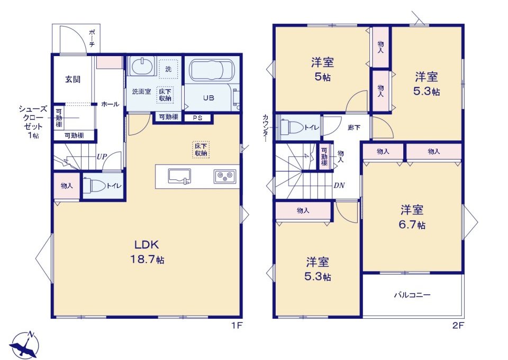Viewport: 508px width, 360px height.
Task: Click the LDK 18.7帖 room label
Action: click(x=147, y=252)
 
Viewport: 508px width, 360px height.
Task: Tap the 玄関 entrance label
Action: click(x=72, y=79)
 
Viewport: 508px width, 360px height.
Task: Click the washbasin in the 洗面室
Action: click(x=142, y=67)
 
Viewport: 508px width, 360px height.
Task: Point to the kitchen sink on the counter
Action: click(x=179, y=176)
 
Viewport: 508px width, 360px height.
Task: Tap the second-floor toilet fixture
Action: click(x=292, y=128)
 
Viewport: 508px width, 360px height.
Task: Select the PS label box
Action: click(x=197, y=118)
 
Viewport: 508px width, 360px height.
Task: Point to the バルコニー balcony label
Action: click(x=412, y=295)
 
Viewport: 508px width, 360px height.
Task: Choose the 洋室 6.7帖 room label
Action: click(x=412, y=217)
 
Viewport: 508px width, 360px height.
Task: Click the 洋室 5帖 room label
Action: click(x=322, y=69)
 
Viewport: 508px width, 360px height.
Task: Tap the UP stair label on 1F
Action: click(x=102, y=157)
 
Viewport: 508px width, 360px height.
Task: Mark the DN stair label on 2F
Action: click(x=339, y=185)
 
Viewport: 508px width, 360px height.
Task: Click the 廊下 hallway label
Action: click(x=354, y=128)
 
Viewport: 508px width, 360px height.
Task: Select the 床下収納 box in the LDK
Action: click(x=201, y=149)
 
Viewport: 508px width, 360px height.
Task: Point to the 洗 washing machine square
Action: click(x=168, y=69)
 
